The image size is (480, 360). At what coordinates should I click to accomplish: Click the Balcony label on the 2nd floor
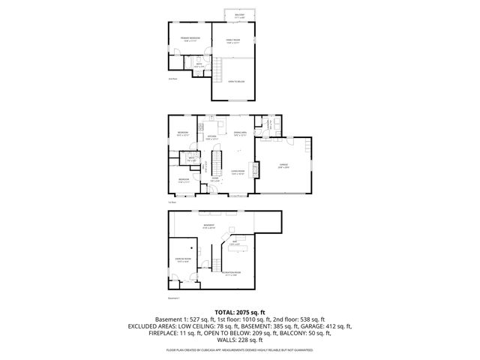coord(240,15)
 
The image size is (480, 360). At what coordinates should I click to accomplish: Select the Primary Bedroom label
coord(184,39)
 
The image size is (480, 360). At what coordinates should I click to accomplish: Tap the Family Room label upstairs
coord(233,40)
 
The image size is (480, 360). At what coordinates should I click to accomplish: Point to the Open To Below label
coord(236,82)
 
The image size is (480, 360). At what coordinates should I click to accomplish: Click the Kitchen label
coord(212,137)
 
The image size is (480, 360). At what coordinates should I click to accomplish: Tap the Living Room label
coord(239,172)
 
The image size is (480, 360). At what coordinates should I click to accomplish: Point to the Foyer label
coord(214,179)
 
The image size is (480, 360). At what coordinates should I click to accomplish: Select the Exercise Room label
coord(184,259)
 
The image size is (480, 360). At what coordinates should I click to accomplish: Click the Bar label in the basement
coord(235,243)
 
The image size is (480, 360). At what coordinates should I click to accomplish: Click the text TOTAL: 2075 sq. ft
coord(240,311)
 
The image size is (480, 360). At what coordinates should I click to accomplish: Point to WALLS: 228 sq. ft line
coord(240,340)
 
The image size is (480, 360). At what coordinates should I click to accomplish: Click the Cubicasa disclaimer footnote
coord(240,350)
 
